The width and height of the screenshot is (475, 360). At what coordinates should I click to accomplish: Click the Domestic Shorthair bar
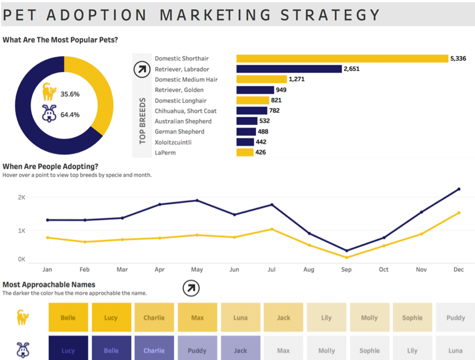coord(342,58)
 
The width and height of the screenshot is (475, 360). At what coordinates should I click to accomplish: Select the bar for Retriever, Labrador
coord(289,69)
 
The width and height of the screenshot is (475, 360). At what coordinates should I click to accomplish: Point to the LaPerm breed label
coord(165,153)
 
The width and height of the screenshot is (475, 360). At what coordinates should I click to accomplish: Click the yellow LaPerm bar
coord(245,153)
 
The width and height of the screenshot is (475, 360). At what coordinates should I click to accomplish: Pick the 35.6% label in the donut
coord(70,94)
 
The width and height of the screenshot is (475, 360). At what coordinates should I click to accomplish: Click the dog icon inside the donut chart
coord(50,113)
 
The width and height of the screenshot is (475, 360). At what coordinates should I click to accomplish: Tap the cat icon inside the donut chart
coord(50,92)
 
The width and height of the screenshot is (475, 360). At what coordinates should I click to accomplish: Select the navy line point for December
coord(459,189)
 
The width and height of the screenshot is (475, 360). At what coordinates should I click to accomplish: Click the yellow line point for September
coord(346,257)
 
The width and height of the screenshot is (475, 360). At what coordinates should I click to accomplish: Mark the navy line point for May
coord(197,200)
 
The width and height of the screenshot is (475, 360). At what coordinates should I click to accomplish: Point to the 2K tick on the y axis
coord(22,197)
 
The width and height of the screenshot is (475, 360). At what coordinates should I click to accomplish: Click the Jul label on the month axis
coord(272,269)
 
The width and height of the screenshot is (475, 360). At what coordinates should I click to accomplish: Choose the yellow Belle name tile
coord(68,317)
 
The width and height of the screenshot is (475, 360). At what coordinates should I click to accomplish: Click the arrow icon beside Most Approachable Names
coord(191,288)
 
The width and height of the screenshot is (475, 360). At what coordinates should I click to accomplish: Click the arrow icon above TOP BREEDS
coord(142,69)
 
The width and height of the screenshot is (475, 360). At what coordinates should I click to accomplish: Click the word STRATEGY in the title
coord(331,15)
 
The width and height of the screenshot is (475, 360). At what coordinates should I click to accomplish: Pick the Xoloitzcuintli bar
coord(245,142)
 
